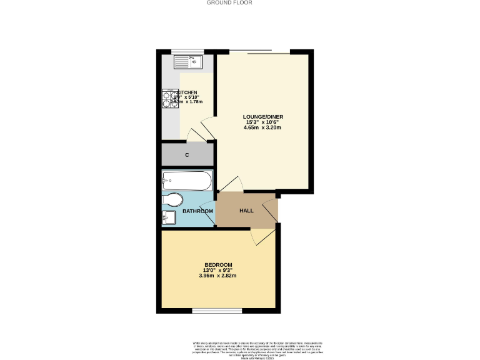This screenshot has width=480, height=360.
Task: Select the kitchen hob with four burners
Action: click(x=171, y=100)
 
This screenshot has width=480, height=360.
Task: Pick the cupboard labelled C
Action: click(x=187, y=154)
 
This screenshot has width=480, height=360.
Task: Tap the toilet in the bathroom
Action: click(x=172, y=200)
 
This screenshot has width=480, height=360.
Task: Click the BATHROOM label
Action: click(x=197, y=211)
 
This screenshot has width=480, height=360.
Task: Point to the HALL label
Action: click(x=246, y=210)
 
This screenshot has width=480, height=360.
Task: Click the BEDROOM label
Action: click(x=217, y=264)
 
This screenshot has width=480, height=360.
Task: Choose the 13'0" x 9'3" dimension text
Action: click(x=217, y=270)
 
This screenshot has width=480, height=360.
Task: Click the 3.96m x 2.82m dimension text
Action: click(x=217, y=276)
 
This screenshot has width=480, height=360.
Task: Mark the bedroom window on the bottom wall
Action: click(x=217, y=311)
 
